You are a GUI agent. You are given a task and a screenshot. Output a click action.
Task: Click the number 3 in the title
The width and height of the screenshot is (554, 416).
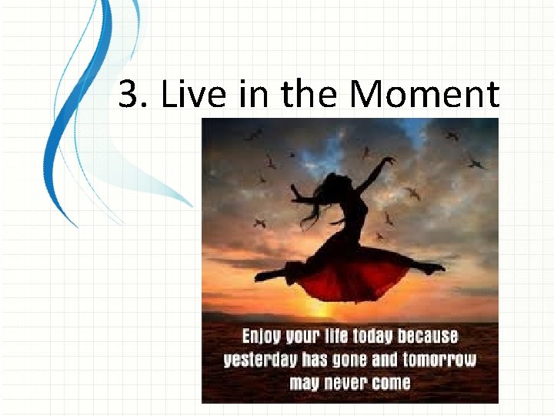click(128, 96)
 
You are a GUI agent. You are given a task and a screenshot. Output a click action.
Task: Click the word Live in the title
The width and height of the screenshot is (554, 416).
click(182, 96)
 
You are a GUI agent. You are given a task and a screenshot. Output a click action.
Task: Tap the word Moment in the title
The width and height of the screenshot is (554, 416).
click(424, 96)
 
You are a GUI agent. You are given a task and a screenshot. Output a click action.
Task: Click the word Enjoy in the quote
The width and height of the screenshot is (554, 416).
click(262, 337)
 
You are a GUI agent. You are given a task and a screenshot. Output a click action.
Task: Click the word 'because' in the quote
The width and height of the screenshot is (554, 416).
click(428, 337)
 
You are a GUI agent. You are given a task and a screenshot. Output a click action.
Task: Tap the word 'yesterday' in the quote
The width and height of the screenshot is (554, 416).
click(258, 360)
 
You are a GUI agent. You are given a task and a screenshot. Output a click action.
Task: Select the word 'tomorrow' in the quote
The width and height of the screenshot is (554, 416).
click(438, 360)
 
